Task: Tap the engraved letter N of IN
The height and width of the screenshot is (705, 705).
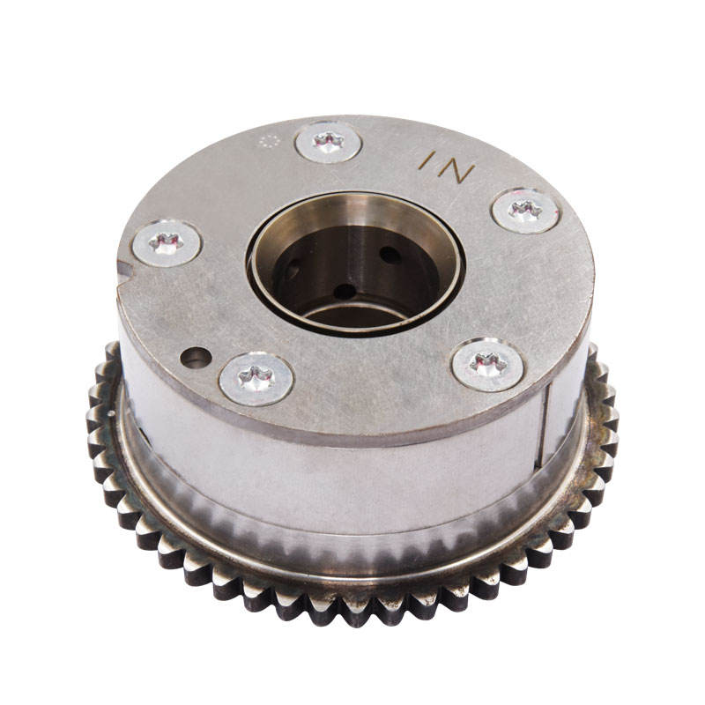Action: click(x=458, y=167)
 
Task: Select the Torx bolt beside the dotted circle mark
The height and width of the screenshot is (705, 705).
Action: click(x=328, y=142)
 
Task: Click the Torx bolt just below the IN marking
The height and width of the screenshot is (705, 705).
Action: click(x=524, y=211)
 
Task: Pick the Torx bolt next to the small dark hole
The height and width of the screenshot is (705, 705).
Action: click(x=256, y=378)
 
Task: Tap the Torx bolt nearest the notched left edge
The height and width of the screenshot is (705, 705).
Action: click(x=167, y=242)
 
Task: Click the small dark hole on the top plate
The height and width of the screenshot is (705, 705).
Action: click(x=196, y=358)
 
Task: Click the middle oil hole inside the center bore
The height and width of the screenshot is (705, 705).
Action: click(x=345, y=291)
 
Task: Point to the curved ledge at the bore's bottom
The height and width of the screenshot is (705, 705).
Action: click(x=352, y=313)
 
